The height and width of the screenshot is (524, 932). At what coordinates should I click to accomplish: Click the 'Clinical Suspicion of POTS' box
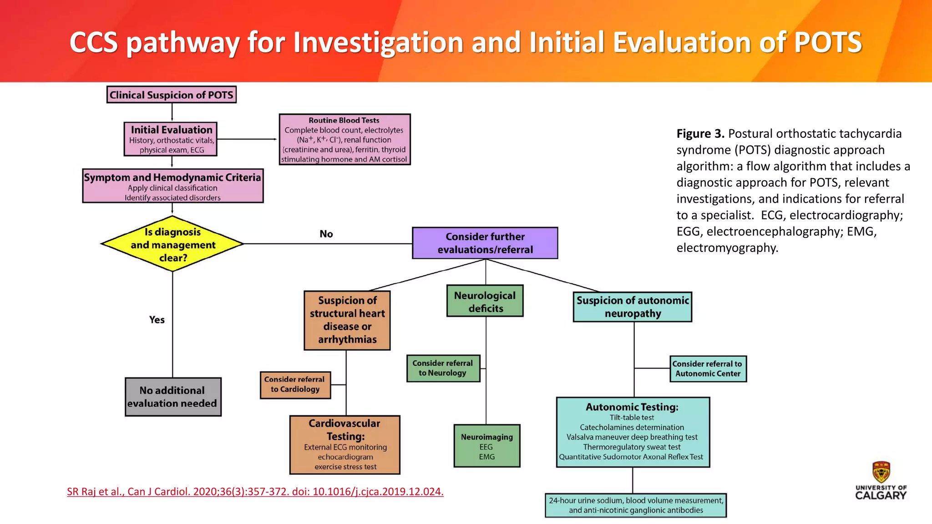(x=172, y=95)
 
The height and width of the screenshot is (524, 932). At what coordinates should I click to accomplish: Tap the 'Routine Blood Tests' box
(x=344, y=139)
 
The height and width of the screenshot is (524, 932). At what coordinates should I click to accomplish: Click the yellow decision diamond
(x=172, y=244)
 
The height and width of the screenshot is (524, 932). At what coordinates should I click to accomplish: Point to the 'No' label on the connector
(x=326, y=234)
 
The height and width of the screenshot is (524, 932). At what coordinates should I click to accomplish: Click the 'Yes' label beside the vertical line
(x=157, y=320)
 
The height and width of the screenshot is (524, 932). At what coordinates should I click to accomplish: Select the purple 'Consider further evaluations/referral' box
(x=485, y=243)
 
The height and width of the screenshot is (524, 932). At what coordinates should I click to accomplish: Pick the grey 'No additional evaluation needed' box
(x=173, y=397)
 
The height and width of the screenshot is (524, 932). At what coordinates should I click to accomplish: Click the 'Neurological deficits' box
(x=485, y=301)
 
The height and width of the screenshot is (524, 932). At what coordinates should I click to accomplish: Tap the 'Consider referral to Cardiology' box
(x=295, y=385)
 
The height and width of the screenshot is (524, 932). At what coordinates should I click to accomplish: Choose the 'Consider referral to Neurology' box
(x=443, y=368)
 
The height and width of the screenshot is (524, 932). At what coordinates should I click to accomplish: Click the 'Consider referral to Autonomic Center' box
(x=708, y=368)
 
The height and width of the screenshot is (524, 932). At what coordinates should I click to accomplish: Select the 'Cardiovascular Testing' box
(x=345, y=444)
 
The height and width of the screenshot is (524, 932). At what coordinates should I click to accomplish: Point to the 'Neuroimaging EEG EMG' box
(x=486, y=446)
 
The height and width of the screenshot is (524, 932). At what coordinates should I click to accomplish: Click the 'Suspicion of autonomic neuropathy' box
(x=633, y=307)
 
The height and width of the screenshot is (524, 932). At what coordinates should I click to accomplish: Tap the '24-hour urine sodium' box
(x=636, y=505)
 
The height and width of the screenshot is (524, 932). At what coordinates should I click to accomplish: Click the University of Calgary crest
(x=881, y=472)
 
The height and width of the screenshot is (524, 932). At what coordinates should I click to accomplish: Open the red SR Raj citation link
(x=255, y=491)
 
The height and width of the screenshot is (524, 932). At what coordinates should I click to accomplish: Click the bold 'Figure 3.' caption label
(x=700, y=134)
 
